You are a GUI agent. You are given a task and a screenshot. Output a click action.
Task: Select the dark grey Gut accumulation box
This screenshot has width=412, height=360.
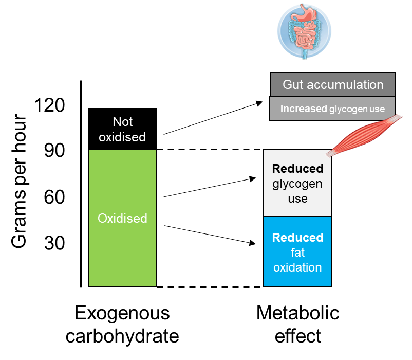[x=332, y=85]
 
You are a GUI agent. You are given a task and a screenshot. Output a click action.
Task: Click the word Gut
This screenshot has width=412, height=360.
[x=294, y=85]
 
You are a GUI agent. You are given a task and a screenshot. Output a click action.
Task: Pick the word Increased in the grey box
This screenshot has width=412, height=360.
[x=304, y=109]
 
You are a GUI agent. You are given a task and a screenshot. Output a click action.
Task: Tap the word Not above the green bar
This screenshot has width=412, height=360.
[x=122, y=122]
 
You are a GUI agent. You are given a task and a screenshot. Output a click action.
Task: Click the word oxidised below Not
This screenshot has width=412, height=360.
[x=122, y=137]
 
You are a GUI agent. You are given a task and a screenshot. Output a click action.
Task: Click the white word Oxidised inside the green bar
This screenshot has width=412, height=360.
[x=122, y=219]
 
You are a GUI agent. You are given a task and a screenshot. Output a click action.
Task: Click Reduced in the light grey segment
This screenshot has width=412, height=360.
[x=297, y=169]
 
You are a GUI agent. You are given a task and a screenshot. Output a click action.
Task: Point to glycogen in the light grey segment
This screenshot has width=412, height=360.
[x=297, y=184]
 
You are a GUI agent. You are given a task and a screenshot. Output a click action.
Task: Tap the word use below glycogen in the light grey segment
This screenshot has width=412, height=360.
[x=297, y=199]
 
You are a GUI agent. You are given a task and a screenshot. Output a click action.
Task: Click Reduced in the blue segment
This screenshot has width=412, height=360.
[x=297, y=238]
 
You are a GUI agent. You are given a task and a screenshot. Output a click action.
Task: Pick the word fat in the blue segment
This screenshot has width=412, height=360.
[x=297, y=253]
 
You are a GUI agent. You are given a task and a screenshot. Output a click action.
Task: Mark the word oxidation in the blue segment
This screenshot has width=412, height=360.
[x=297, y=267]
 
